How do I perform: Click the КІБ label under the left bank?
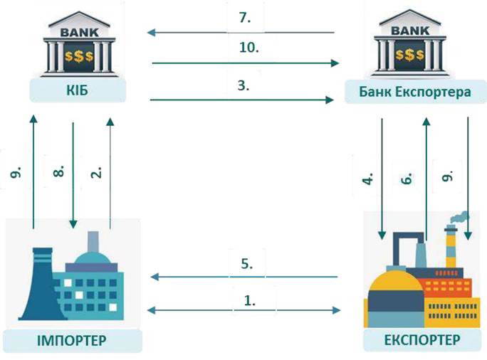tap(77, 90)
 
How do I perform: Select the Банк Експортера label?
tap(415, 92)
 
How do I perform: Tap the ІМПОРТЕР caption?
tap(71, 341)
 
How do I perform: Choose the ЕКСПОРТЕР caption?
tap(422, 340)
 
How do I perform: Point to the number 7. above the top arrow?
tap(245, 18)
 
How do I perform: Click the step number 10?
tap(249, 48)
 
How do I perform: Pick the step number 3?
tap(243, 85)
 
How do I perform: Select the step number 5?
tap(247, 263)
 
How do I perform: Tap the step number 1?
tap(250, 300)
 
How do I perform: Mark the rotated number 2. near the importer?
tap(96, 173)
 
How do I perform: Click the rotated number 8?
tap(58, 171)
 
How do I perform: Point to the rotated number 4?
tap(367, 179)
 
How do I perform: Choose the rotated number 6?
tap(407, 178)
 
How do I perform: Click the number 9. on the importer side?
tap(16, 172)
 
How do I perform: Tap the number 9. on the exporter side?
tap(447, 176)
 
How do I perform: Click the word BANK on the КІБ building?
tap(79, 32)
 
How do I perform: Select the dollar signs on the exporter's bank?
tap(409, 55)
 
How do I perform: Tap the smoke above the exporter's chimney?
tap(460, 217)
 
